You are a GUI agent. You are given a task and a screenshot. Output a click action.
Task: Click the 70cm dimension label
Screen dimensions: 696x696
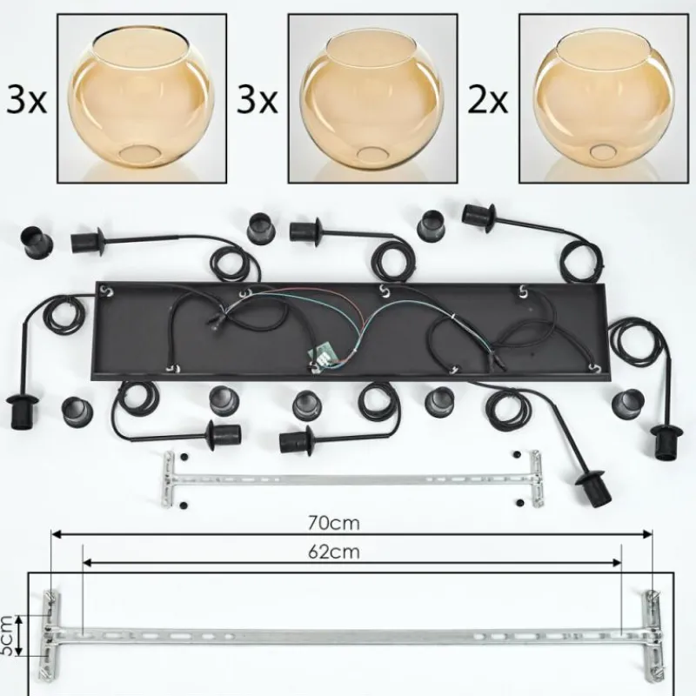pyautogui.click(x=333, y=524)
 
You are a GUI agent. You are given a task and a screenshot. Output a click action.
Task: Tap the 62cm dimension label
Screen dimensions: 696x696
pyautogui.click(x=333, y=552)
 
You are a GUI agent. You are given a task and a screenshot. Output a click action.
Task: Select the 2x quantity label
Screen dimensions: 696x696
pyautogui.click(x=487, y=101)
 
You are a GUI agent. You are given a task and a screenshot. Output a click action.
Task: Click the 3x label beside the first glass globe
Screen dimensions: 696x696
pyautogui.click(x=26, y=101)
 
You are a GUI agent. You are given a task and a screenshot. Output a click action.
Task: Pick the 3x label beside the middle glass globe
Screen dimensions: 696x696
pyautogui.click(x=257, y=101)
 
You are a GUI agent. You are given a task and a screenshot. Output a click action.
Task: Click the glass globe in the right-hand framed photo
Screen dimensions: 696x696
pyautogui.click(x=603, y=97)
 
